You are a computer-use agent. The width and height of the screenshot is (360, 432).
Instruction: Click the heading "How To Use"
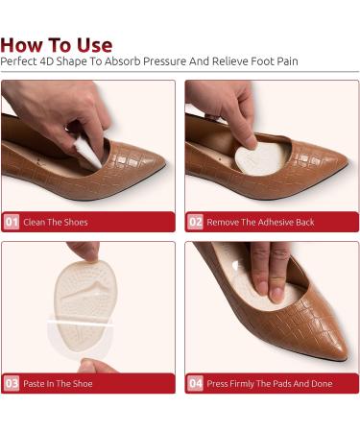pos(57,45)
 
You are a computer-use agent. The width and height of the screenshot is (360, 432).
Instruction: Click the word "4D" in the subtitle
pos(47,61)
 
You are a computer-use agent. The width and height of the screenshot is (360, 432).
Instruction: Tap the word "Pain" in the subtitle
pos(287,61)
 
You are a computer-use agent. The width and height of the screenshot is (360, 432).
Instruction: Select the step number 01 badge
pos(12,222)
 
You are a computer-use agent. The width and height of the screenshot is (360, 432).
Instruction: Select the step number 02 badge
pos(195,222)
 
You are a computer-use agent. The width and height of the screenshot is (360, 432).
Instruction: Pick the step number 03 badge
pos(12,383)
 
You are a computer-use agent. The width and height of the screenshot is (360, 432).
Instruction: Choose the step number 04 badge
pos(195,383)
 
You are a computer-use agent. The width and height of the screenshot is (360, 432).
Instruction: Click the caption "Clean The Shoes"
pos(56,222)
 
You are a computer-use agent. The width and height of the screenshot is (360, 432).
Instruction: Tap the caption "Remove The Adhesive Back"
pos(260,222)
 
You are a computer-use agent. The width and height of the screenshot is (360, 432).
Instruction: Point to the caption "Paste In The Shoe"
pos(58,384)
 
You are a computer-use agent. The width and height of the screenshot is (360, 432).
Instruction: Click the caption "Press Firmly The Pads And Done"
pos(270,384)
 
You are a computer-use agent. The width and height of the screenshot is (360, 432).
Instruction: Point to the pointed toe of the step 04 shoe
pos(343,353)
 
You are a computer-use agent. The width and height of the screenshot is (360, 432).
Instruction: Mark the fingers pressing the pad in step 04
pos(271,272)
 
